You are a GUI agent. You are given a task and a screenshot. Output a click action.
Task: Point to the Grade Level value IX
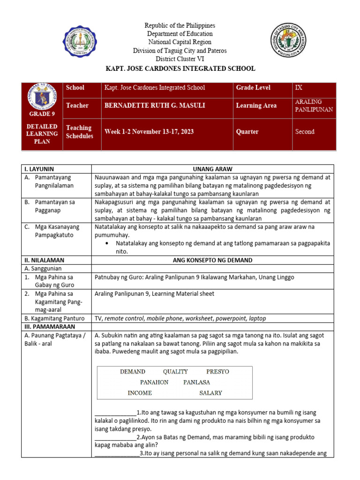[299, 88]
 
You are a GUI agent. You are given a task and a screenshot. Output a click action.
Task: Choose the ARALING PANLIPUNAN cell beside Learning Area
[314, 105]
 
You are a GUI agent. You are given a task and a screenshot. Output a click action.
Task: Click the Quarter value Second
[305, 132]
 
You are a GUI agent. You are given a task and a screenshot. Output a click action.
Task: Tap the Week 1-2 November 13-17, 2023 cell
[151, 132]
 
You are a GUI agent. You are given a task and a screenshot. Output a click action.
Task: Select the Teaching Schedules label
[79, 132]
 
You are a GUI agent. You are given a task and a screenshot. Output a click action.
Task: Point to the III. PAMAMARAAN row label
[46, 326]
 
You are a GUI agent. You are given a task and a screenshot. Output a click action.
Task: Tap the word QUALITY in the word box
[175, 372]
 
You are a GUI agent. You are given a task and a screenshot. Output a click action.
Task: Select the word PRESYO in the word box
[217, 372]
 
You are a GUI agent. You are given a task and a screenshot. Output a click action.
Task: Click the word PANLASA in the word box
[196, 382]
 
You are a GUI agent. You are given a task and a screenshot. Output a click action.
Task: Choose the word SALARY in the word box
[210, 393]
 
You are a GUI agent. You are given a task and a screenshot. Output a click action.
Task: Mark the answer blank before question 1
[115, 412]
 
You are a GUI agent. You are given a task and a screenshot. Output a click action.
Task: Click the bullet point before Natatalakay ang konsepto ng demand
[108, 244]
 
